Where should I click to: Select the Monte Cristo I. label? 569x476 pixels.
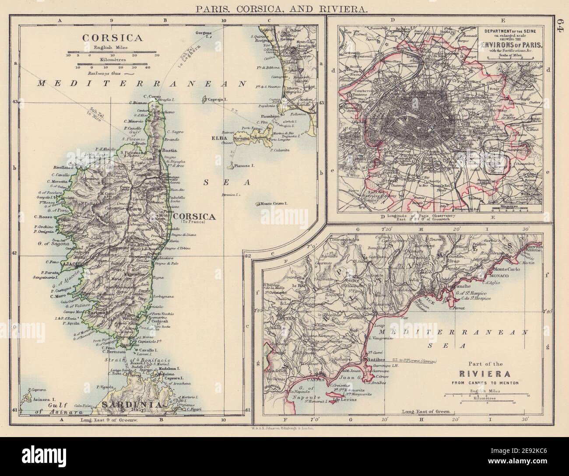point(273,203)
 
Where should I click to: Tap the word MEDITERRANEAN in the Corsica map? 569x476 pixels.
point(142,82)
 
